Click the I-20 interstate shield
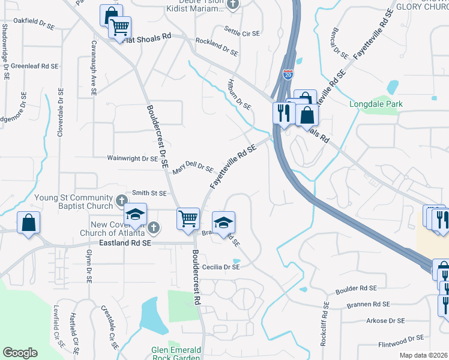click(x=288, y=74)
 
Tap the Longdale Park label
click(x=376, y=104)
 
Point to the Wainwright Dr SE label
click(x=132, y=159)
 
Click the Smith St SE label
click(x=149, y=193)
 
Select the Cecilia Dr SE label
click(x=220, y=267)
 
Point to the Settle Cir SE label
click(x=241, y=32)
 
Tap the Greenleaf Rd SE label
click(x=34, y=66)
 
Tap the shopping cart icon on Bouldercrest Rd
click(x=188, y=218)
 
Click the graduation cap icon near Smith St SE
click(x=136, y=214)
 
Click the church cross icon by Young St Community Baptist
click(x=121, y=200)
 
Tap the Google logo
click(x=20, y=353)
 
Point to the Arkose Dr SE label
click(x=385, y=321)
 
